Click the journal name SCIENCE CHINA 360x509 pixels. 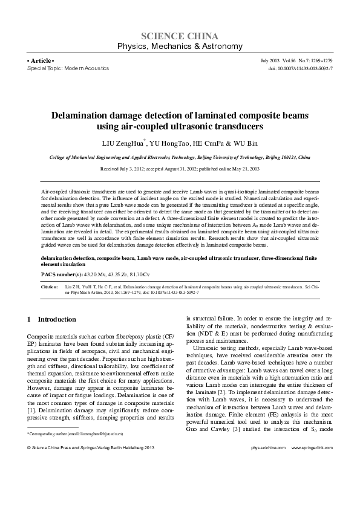[180, 36]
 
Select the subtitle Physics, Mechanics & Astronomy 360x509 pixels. [180, 47]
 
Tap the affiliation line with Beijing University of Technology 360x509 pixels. [180, 157]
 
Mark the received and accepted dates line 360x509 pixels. [180, 169]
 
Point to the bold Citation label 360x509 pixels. [50, 286]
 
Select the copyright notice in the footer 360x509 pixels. [87, 447]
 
